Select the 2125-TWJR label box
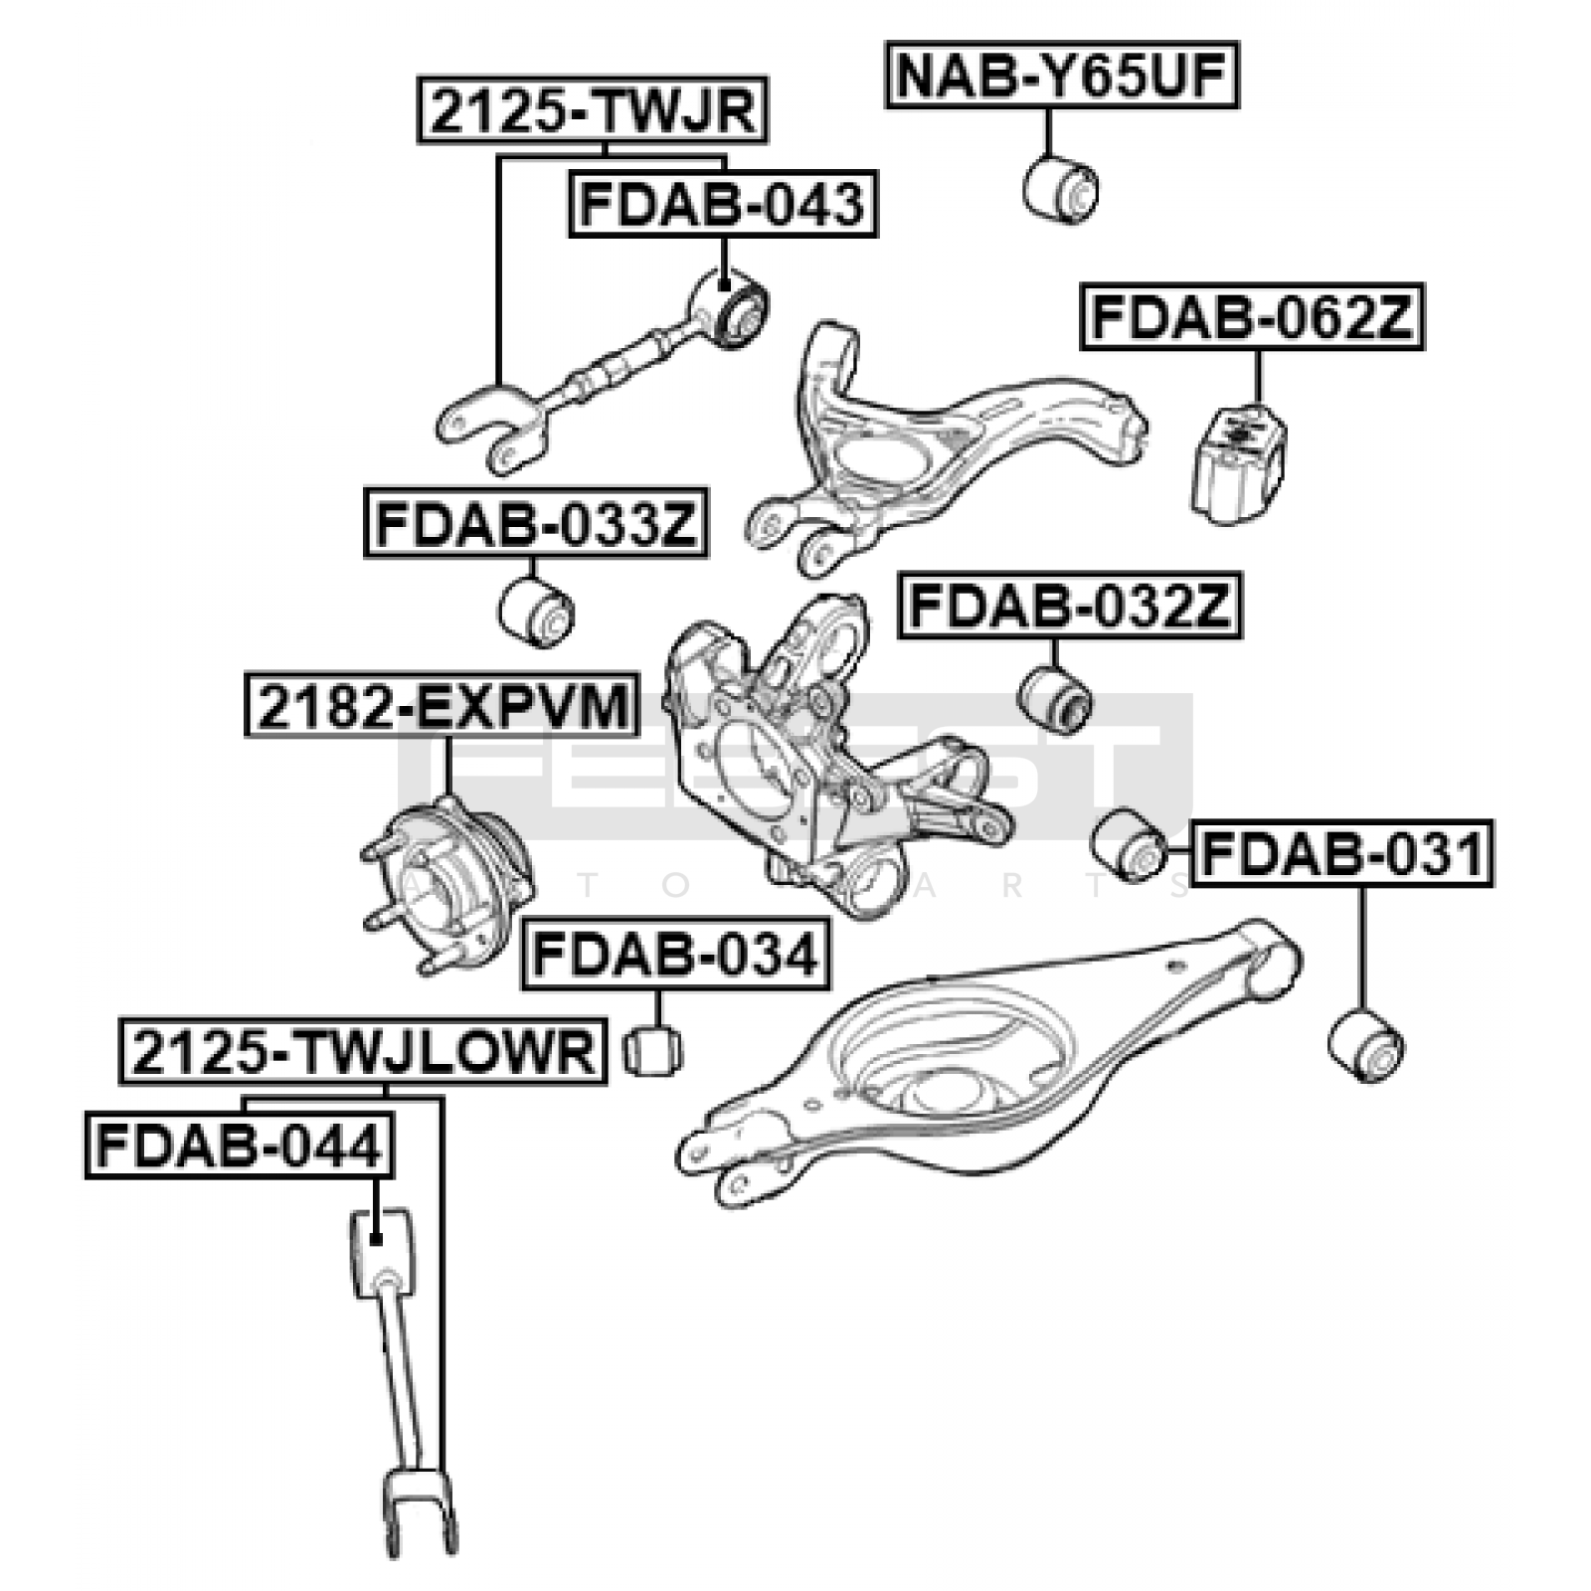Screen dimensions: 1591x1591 593,109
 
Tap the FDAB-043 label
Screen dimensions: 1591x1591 723,204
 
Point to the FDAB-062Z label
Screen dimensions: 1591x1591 1252,317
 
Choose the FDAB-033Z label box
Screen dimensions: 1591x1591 536,523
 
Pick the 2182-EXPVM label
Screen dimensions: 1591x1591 442,705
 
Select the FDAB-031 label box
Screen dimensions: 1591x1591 1341,852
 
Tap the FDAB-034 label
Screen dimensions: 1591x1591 675,955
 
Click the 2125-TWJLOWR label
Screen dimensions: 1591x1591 363,1050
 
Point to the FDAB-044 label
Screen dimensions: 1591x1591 240,1145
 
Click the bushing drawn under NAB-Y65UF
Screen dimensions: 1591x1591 1061,188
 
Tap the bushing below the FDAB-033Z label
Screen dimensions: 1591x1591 536,612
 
